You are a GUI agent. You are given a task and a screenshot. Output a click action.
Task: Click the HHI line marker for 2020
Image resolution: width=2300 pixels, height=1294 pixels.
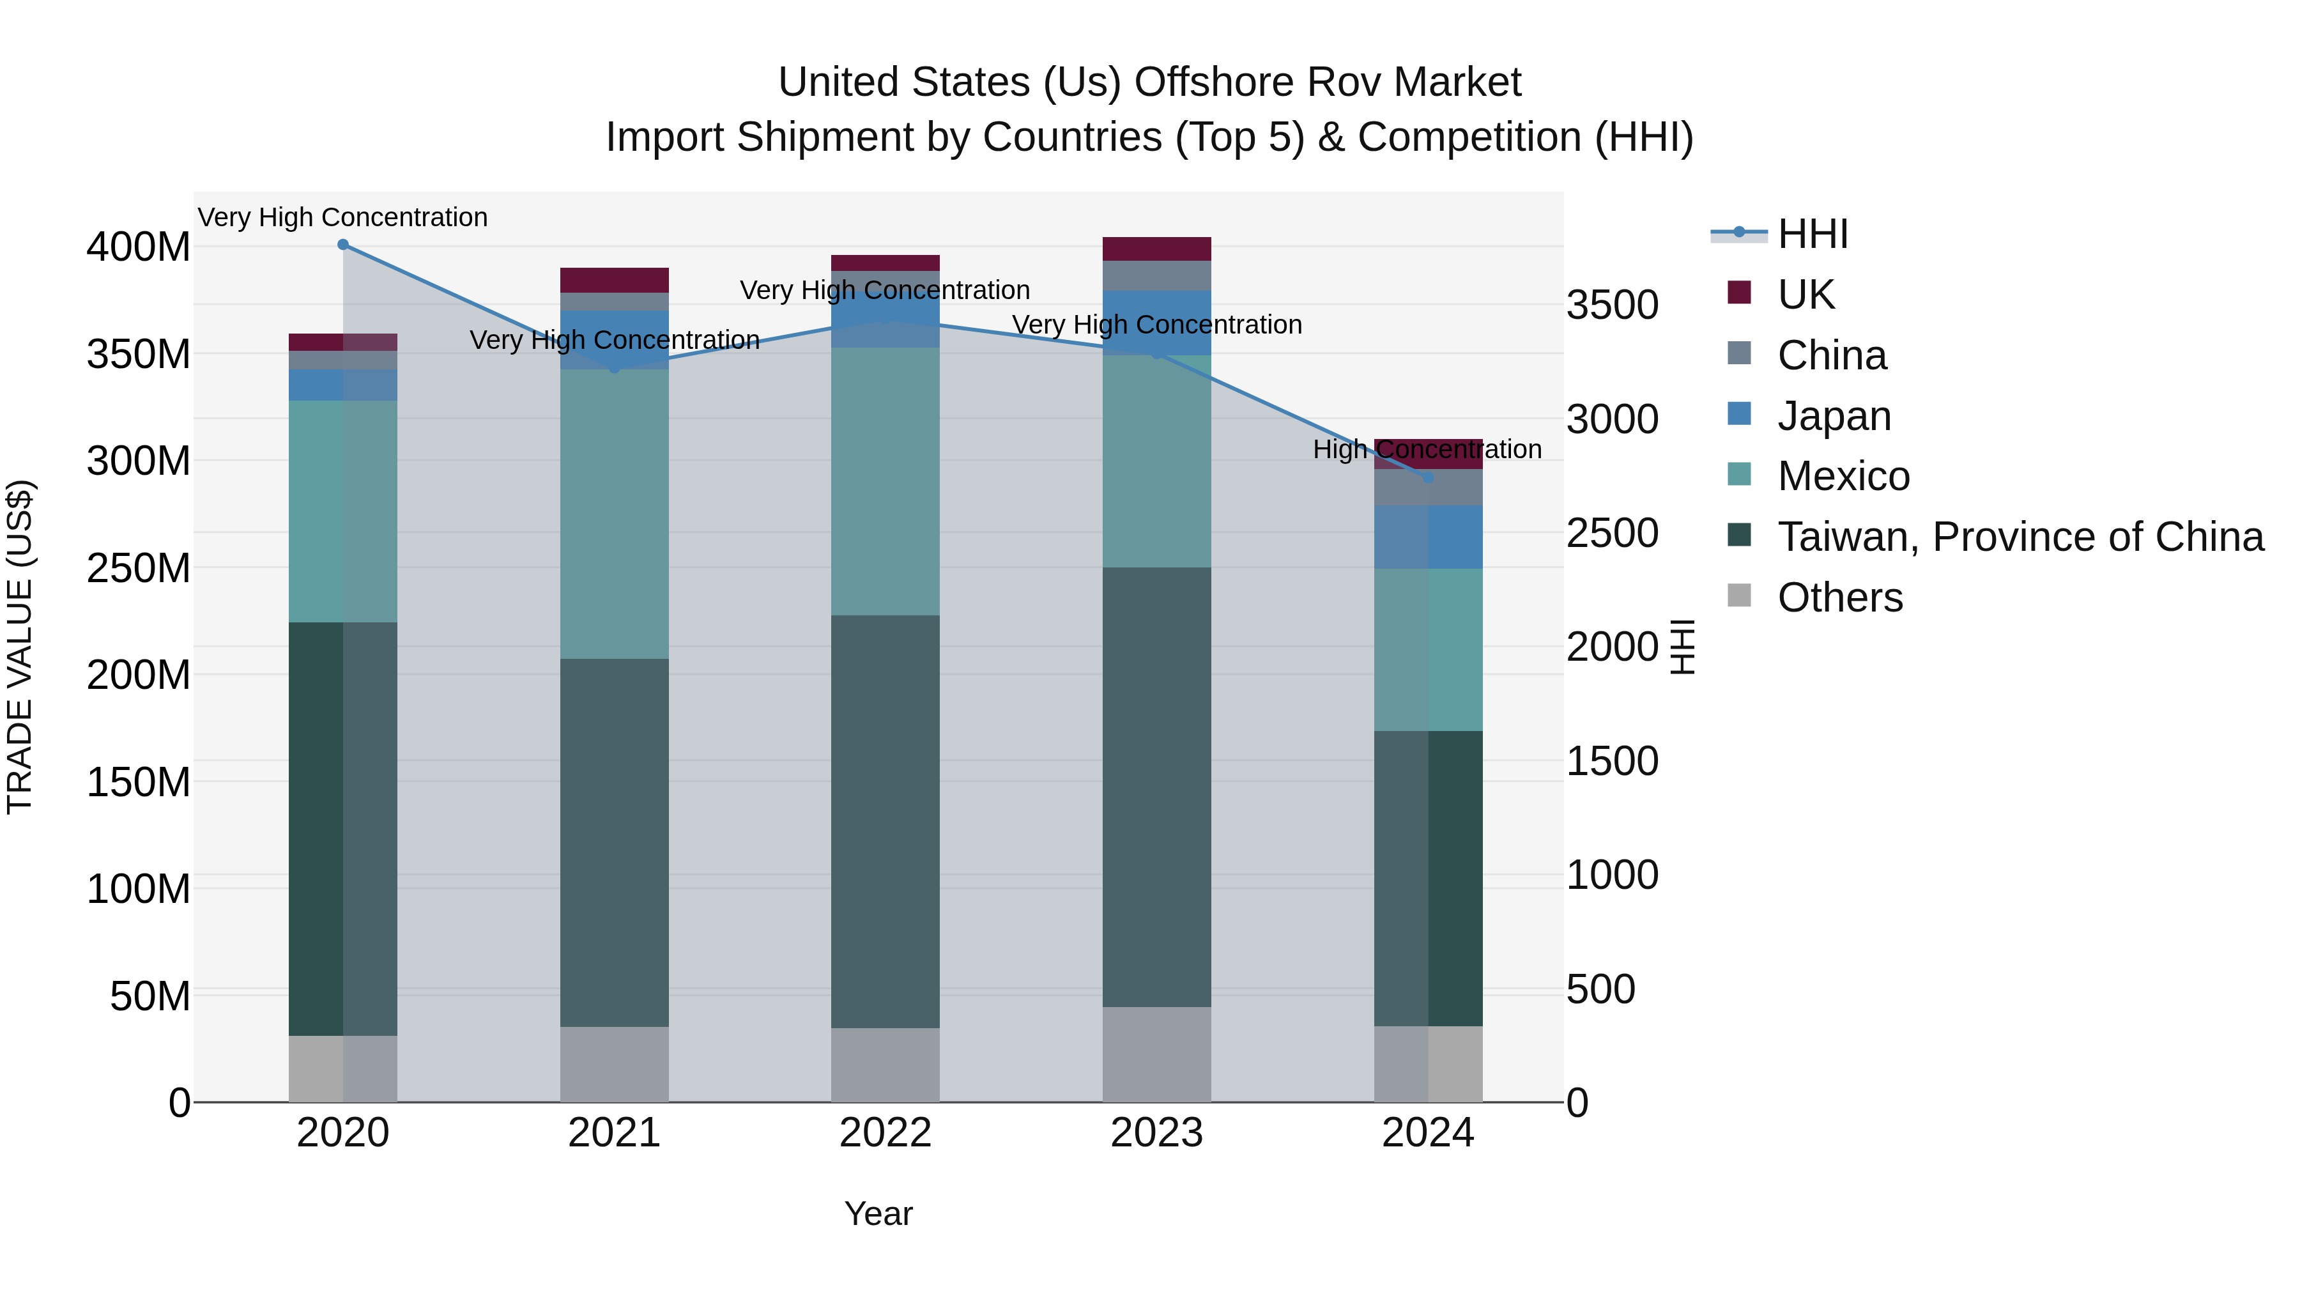coord(343,245)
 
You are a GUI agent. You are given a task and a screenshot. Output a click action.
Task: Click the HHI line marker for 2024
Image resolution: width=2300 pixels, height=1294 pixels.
coord(1428,478)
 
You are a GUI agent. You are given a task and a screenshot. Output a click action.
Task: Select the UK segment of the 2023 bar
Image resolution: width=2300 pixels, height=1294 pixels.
coord(1156,249)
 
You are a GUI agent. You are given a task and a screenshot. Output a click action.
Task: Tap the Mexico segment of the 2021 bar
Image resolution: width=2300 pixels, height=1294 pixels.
coord(614,514)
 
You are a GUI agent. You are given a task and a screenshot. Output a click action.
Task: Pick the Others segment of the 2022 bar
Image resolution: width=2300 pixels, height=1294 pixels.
coord(885,1065)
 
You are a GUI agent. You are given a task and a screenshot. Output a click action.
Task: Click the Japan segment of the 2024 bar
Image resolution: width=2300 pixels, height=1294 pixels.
coord(1428,537)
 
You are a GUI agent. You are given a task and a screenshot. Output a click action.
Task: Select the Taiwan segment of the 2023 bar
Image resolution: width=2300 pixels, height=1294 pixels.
coord(1156,786)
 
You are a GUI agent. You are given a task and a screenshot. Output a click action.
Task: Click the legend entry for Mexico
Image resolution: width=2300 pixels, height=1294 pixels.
coord(1843,476)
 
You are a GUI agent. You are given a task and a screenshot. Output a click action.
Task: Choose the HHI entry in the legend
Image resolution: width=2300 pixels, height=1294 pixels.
coord(1812,234)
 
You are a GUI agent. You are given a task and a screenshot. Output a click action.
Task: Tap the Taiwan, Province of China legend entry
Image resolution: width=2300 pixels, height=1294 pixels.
coord(2020,537)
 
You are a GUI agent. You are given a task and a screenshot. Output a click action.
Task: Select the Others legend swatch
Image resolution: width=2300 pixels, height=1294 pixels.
coord(1739,596)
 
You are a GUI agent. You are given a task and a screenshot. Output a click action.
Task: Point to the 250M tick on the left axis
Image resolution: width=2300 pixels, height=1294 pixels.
coord(139,568)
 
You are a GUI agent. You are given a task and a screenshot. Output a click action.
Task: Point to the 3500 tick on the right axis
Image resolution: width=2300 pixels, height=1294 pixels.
coord(1613,305)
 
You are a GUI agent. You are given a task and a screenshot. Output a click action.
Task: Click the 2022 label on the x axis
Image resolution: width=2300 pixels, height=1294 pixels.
coord(885,1133)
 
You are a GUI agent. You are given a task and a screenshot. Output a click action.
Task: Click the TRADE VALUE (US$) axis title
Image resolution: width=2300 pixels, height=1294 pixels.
coord(20,647)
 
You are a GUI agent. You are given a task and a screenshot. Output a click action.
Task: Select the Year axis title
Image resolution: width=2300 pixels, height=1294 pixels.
coord(878,1213)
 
